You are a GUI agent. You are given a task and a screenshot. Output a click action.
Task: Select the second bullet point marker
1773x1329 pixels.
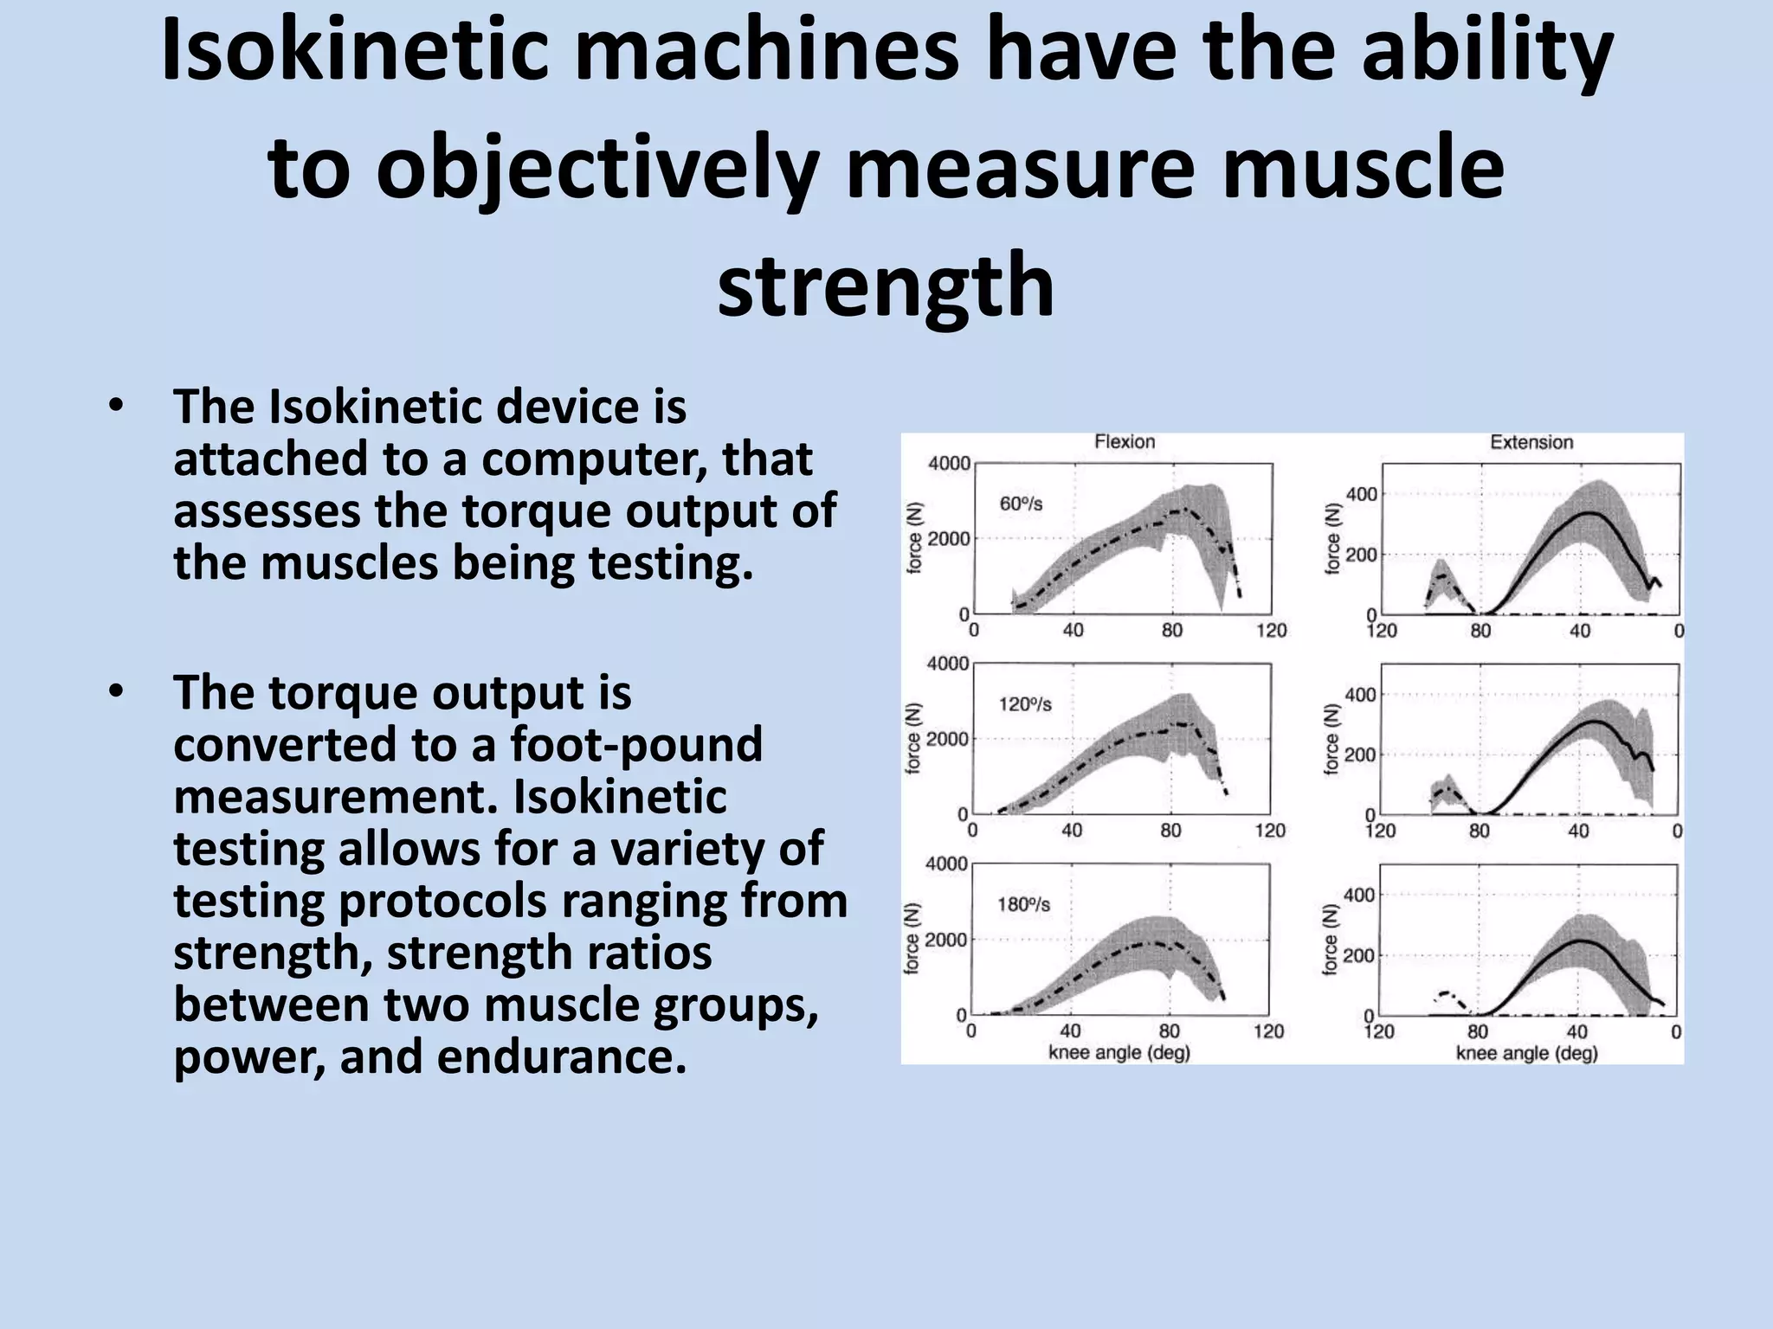click(x=116, y=691)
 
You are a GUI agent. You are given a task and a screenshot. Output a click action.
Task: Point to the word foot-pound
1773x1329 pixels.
click(x=636, y=744)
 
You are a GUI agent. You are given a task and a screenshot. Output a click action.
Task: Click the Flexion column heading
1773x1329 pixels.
click(x=1125, y=442)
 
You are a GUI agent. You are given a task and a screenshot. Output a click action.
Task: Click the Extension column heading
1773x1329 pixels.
click(x=1531, y=442)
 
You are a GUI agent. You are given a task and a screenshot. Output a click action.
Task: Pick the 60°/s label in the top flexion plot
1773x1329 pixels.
click(x=1022, y=504)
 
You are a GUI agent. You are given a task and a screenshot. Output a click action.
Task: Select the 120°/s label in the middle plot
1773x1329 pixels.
click(x=1025, y=704)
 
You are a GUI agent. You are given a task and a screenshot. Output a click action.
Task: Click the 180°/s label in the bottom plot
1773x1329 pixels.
click(x=1024, y=905)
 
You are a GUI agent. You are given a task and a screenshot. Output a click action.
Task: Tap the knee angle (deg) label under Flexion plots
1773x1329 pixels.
click(x=1119, y=1053)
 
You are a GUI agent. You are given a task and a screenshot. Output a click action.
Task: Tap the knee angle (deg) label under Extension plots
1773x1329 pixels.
click(x=1526, y=1053)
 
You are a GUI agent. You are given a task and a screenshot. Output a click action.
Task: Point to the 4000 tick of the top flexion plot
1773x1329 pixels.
click(x=949, y=464)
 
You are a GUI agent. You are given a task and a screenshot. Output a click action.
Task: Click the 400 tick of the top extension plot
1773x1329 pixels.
click(x=1361, y=495)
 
